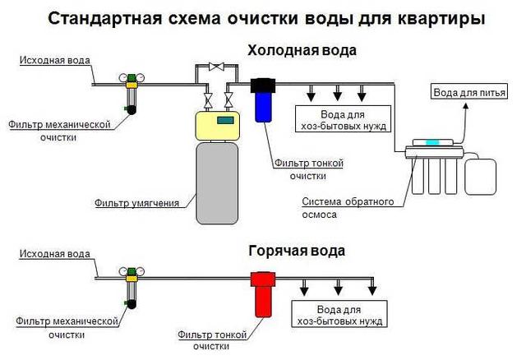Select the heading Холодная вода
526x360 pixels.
pos(302,51)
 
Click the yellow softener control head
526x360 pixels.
pos(216,124)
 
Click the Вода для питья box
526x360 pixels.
pos(466,92)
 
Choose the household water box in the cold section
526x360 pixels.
pos(344,120)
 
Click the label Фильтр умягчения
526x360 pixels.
pos(145,201)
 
